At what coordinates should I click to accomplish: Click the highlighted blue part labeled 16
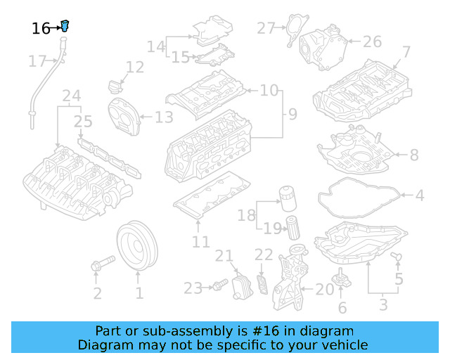tap(65, 27)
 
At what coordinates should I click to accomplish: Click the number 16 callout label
tap(41, 29)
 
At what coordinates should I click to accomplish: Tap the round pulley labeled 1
tap(138, 246)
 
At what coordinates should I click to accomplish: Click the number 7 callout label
tap(406, 51)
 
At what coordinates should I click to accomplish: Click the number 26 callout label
tap(372, 42)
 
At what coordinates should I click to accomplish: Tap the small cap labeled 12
tap(115, 88)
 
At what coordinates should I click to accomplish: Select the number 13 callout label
tap(164, 117)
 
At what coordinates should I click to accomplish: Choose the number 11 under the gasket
tap(201, 243)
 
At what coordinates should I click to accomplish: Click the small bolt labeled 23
tap(218, 286)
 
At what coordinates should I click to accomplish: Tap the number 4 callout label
tap(420, 195)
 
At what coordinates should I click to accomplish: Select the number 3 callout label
tap(383, 305)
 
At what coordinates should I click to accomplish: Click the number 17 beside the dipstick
tap(37, 62)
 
